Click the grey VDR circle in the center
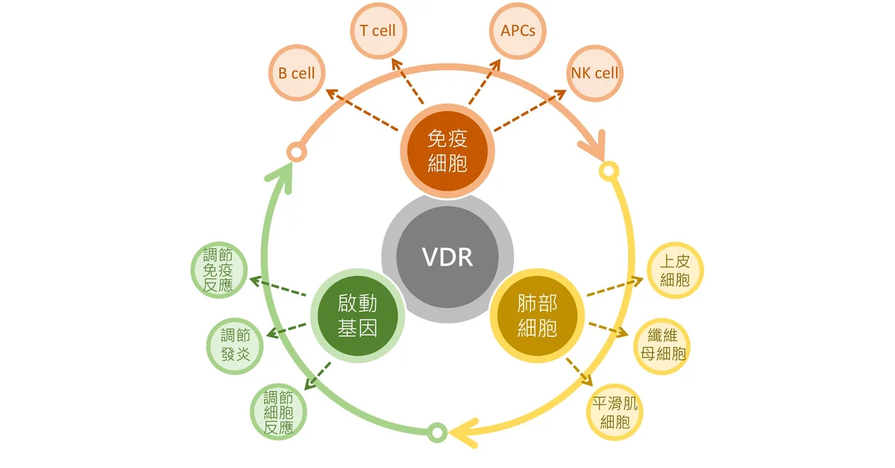pos(447,257)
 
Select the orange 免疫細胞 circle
pos(447,151)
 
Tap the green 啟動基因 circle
pos(357,315)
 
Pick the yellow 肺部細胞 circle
pos(538,315)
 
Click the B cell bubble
pos(297,73)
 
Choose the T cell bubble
pos(378,31)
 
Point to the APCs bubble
pos(518,31)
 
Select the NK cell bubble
pos(594,73)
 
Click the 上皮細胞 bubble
pos(675,271)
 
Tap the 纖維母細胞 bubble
pos(662,347)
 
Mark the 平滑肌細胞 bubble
pos(615,413)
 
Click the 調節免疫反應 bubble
pos(219,270)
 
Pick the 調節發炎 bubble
pos(235,346)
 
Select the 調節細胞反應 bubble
pos(278,412)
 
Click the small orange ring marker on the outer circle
pos(297,152)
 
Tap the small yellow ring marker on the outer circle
pos(609,171)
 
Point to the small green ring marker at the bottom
pos(438,432)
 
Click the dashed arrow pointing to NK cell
pos(530,110)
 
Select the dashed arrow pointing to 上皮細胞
pos(615,286)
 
